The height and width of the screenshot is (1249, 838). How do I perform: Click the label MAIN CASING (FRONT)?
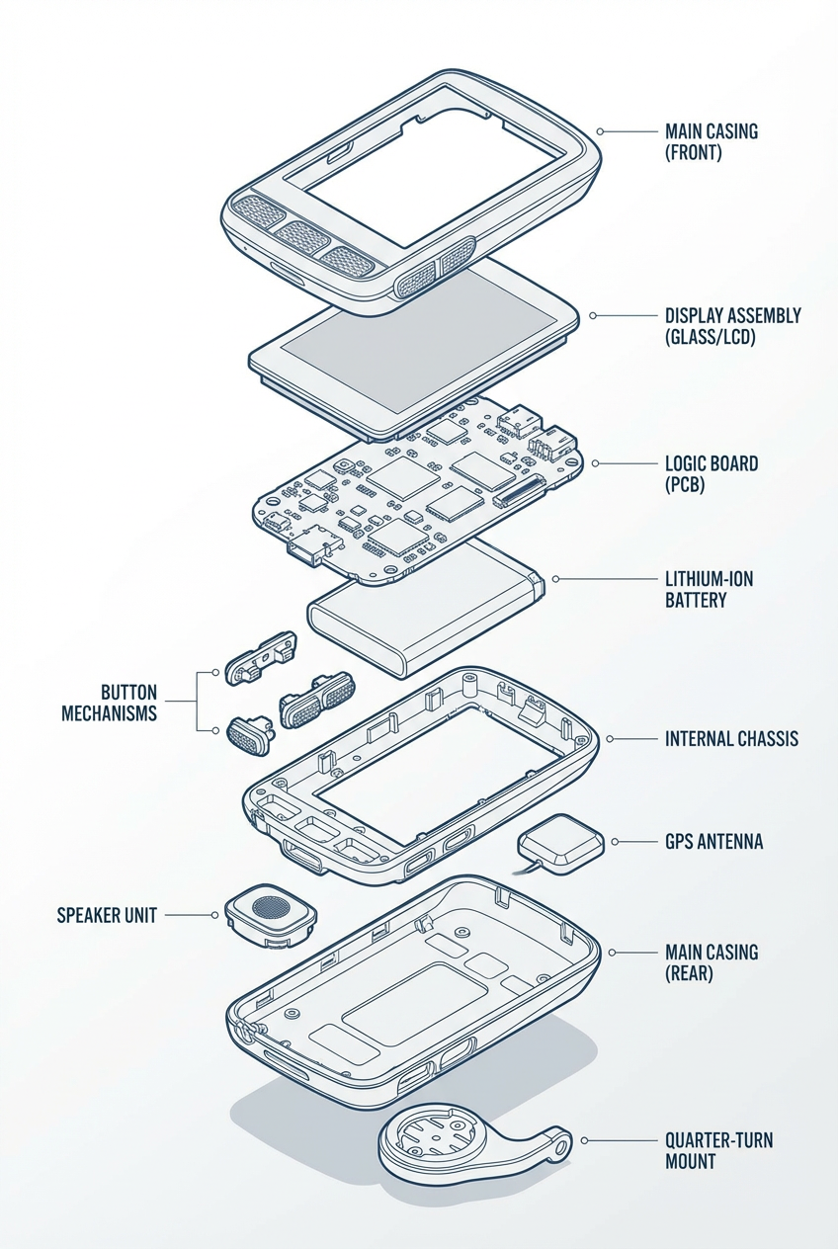[712, 141]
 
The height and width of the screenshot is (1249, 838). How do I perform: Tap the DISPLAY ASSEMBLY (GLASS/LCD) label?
[732, 326]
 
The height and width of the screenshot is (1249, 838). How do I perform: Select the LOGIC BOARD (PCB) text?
[712, 473]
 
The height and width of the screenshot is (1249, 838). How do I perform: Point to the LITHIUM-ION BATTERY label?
[709, 589]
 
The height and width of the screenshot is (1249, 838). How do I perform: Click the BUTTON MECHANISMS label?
[110, 703]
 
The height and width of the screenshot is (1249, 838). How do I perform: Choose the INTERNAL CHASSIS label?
[731, 739]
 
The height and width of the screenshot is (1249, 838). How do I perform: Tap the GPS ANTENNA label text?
[713, 842]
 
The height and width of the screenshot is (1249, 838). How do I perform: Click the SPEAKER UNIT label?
[107, 915]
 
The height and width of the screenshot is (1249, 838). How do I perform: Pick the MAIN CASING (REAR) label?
[712, 961]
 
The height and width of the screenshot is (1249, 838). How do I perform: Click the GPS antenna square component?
[561, 844]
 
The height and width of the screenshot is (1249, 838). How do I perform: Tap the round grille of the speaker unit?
[271, 906]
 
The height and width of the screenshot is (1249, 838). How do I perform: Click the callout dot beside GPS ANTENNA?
[615, 842]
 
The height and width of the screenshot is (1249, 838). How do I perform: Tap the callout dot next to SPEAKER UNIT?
[214, 915]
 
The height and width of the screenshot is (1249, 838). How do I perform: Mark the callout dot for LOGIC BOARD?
[595, 463]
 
